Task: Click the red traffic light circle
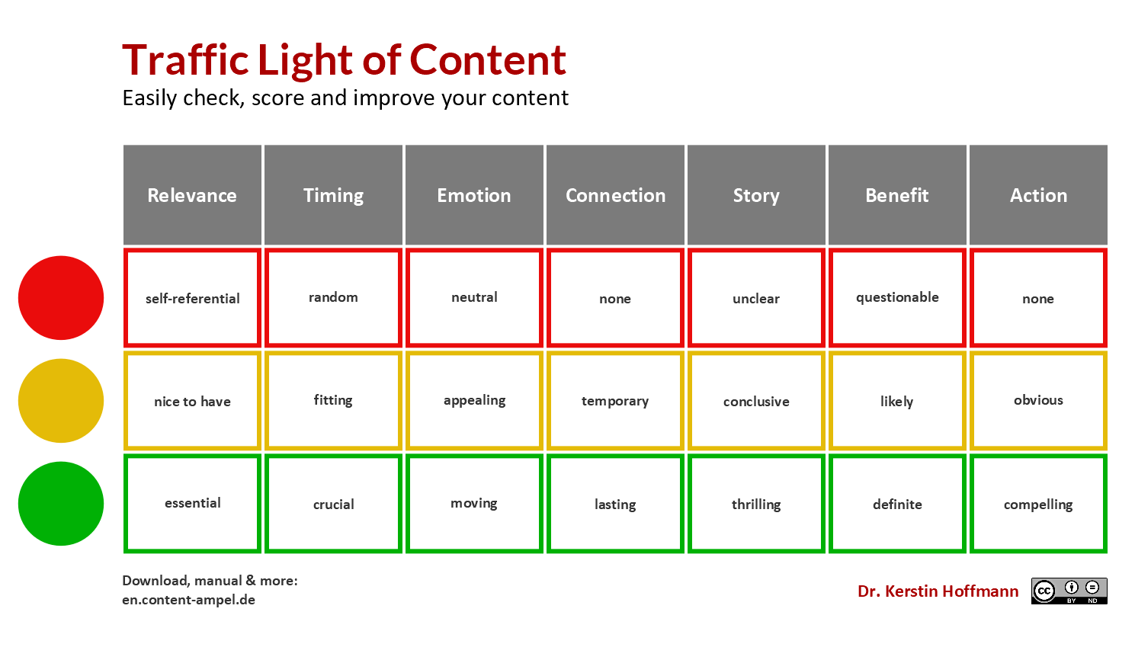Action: [x=61, y=298]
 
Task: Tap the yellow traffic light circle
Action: [x=61, y=401]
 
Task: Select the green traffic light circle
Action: [x=61, y=504]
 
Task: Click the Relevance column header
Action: [x=192, y=195]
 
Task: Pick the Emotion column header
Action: [x=474, y=195]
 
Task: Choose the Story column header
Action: [x=756, y=195]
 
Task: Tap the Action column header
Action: [x=1038, y=195]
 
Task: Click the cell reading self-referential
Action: [x=192, y=298]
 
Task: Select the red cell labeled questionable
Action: [x=897, y=298]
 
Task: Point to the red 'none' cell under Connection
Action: [x=615, y=298]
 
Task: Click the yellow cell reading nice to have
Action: [x=192, y=401]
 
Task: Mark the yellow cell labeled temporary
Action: [x=615, y=401]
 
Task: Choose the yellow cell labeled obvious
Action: [x=1038, y=401]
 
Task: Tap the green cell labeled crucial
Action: [x=333, y=504]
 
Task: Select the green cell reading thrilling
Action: [x=756, y=504]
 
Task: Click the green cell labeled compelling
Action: [x=1038, y=504]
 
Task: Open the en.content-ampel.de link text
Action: [x=188, y=600]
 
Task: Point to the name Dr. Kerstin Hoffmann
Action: [x=938, y=591]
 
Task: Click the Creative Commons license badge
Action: [x=1069, y=591]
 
